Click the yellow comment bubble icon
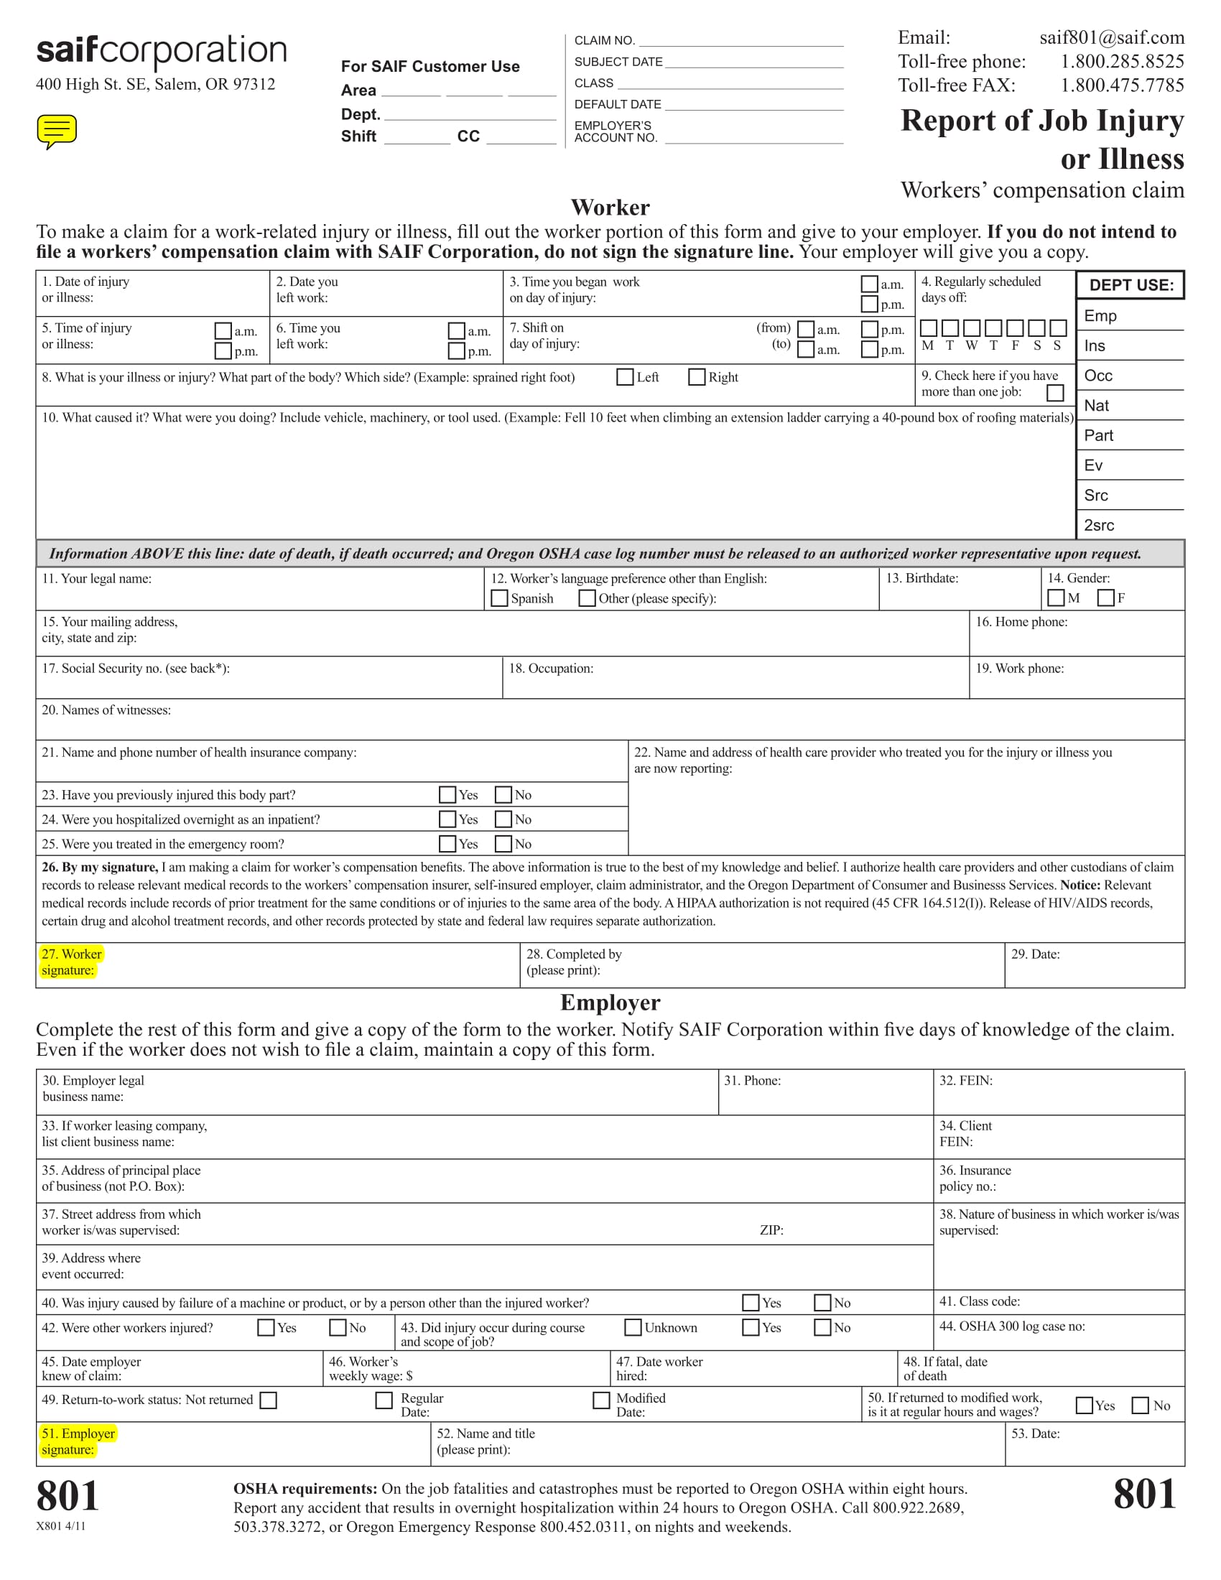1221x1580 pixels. (57, 131)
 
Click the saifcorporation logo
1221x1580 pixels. (162, 51)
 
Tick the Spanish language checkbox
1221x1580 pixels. (499, 598)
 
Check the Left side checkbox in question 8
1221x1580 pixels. (625, 377)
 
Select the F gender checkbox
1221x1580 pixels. (1105, 598)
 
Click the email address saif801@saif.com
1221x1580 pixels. (1112, 37)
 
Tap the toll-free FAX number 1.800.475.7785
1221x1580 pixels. (1122, 85)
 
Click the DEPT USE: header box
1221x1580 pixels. (1131, 285)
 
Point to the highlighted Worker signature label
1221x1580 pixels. (72, 962)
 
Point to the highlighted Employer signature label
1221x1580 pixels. (78, 1441)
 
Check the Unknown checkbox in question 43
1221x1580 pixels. (633, 1326)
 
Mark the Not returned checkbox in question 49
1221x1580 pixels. (269, 1400)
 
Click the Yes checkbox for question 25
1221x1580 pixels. (447, 844)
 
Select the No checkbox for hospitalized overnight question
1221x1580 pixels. (503, 819)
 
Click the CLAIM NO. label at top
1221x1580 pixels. (605, 40)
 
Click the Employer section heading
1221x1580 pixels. (610, 1002)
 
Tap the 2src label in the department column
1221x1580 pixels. (1099, 525)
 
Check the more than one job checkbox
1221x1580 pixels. (1055, 393)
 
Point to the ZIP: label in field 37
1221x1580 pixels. (771, 1230)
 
